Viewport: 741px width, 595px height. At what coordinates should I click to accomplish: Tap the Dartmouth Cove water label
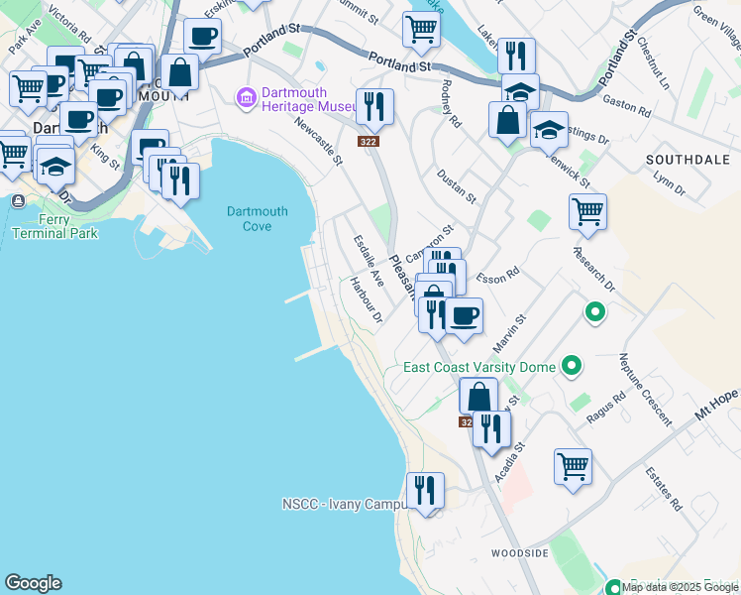click(x=257, y=218)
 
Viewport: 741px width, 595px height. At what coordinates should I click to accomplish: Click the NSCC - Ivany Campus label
click(x=343, y=504)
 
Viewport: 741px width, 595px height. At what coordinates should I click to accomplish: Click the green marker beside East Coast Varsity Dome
click(x=571, y=367)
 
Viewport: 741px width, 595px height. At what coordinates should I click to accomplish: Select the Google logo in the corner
click(x=33, y=583)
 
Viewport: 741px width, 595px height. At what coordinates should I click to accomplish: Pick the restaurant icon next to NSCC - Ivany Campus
click(x=425, y=490)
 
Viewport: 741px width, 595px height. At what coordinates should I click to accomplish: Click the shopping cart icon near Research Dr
click(x=587, y=211)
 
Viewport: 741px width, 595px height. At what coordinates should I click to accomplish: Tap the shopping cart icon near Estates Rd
click(x=574, y=465)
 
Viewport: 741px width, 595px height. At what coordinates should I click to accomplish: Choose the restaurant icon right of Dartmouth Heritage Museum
click(x=374, y=106)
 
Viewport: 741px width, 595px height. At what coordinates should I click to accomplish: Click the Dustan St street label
click(x=457, y=185)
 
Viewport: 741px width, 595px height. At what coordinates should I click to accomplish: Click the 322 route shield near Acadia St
click(x=467, y=421)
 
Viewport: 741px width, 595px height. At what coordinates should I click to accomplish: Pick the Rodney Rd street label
click(x=451, y=104)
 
